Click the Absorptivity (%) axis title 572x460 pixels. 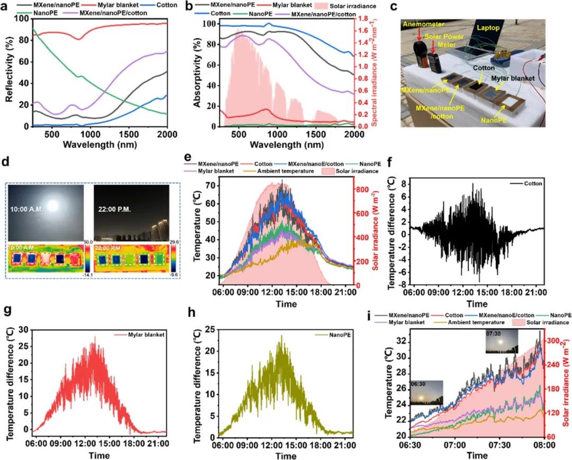click(x=196, y=74)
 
